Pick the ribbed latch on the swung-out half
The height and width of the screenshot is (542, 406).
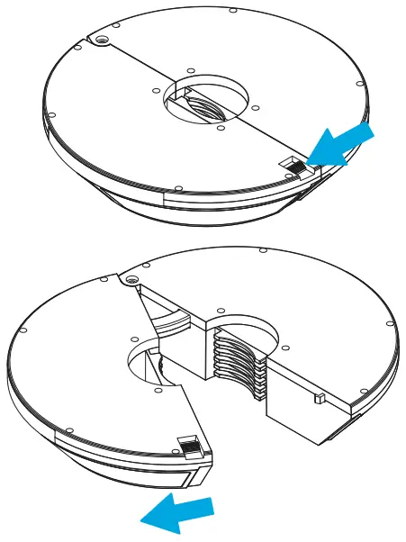190,446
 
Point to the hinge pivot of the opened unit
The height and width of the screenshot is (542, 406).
133,282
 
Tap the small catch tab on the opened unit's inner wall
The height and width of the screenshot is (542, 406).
320,397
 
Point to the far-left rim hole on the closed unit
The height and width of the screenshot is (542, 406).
52,115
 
